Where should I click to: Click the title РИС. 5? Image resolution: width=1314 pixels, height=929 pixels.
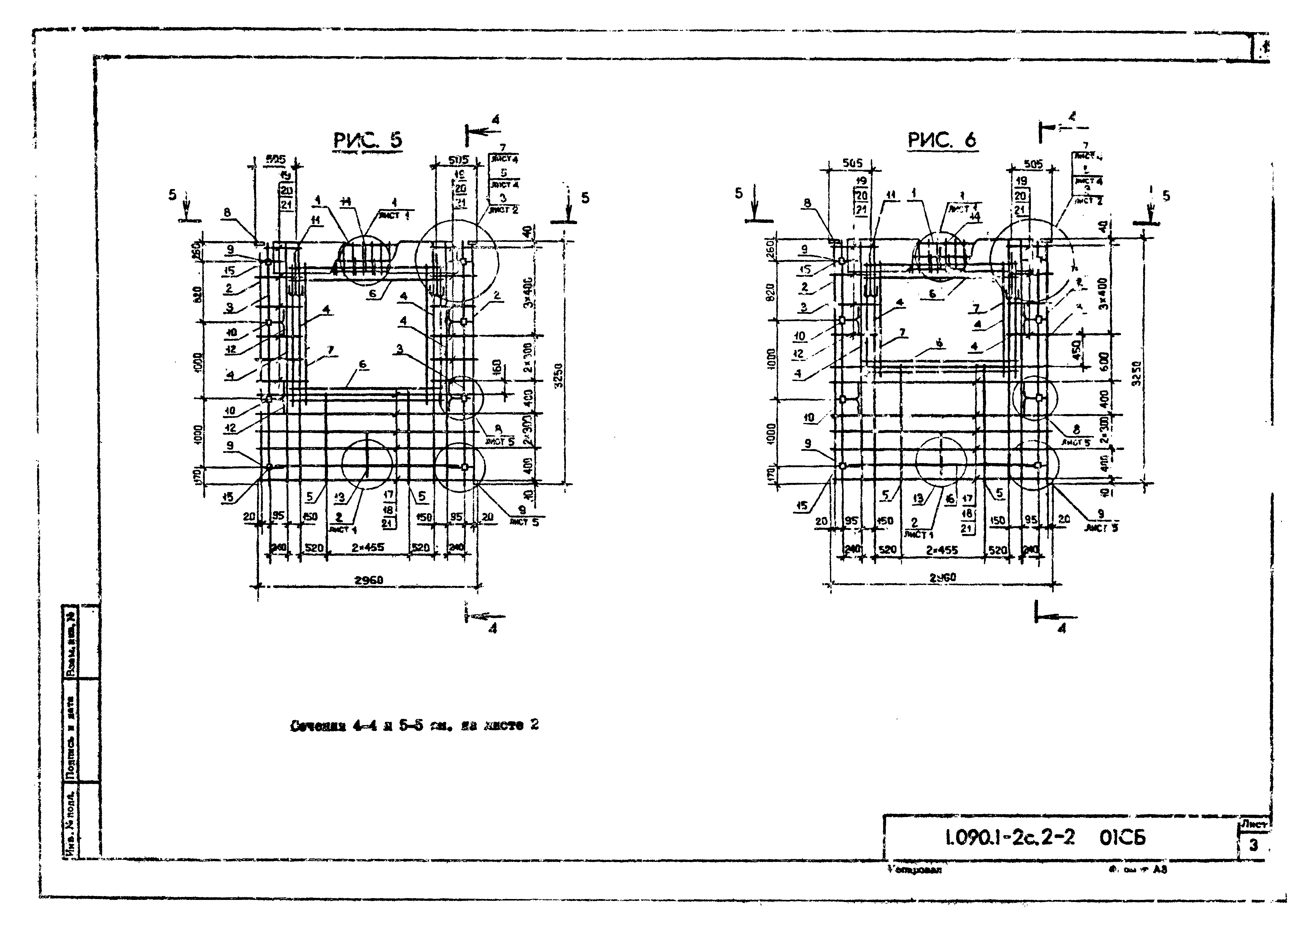point(368,140)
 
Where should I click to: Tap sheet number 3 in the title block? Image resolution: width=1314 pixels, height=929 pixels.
point(1253,845)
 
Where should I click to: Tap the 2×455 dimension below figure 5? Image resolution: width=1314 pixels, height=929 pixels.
point(368,548)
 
